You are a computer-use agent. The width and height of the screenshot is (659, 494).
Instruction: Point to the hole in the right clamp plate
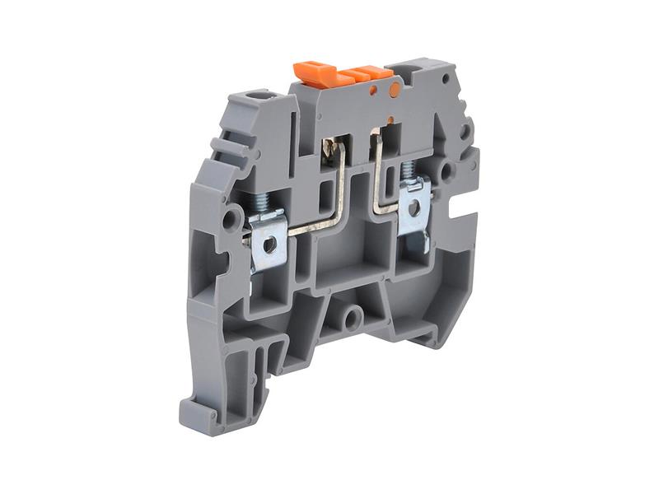415,209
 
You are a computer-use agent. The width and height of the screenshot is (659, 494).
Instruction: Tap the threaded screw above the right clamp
407,170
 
